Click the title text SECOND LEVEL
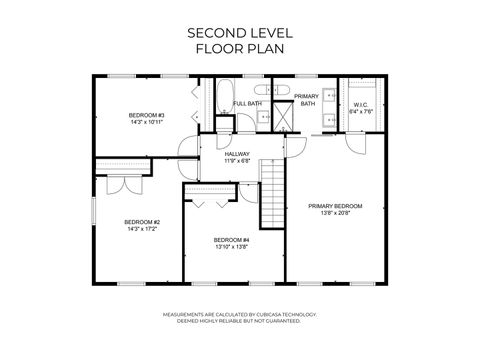(239, 32)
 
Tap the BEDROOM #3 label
(146, 115)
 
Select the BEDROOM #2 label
(142, 222)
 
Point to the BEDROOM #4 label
(231, 240)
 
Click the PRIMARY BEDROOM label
(335, 206)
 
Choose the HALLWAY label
(237, 154)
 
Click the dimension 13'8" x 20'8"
(335, 213)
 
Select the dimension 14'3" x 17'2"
(142, 229)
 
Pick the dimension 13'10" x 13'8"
(231, 247)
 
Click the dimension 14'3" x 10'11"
(146, 122)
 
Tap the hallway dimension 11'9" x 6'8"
(237, 160)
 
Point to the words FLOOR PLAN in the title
(239, 48)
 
